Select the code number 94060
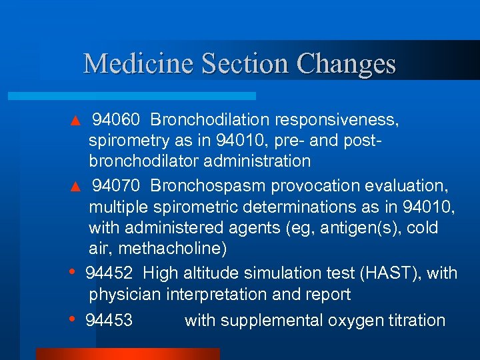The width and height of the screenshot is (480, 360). click(116, 120)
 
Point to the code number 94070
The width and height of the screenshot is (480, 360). click(116, 185)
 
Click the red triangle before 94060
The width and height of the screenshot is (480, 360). click(75, 121)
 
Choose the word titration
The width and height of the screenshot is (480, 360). click(416, 321)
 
